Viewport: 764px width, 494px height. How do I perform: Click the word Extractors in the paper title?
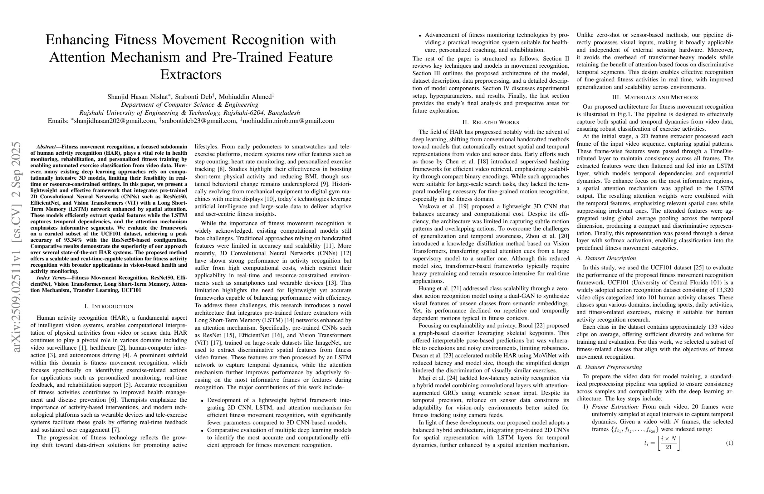coord(191,75)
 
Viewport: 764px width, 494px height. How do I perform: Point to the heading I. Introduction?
coord(109,306)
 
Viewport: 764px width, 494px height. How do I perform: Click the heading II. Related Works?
coord(491,122)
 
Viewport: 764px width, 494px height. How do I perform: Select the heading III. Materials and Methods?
coord(655,97)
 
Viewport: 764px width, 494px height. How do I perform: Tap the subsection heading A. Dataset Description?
coord(606,258)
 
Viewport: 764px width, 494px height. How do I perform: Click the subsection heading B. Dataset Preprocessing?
coord(609,367)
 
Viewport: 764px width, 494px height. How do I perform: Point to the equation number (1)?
coord(729,443)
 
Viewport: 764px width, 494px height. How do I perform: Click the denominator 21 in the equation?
coord(669,447)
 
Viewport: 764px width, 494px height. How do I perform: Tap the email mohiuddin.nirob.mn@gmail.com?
coord(288,121)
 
